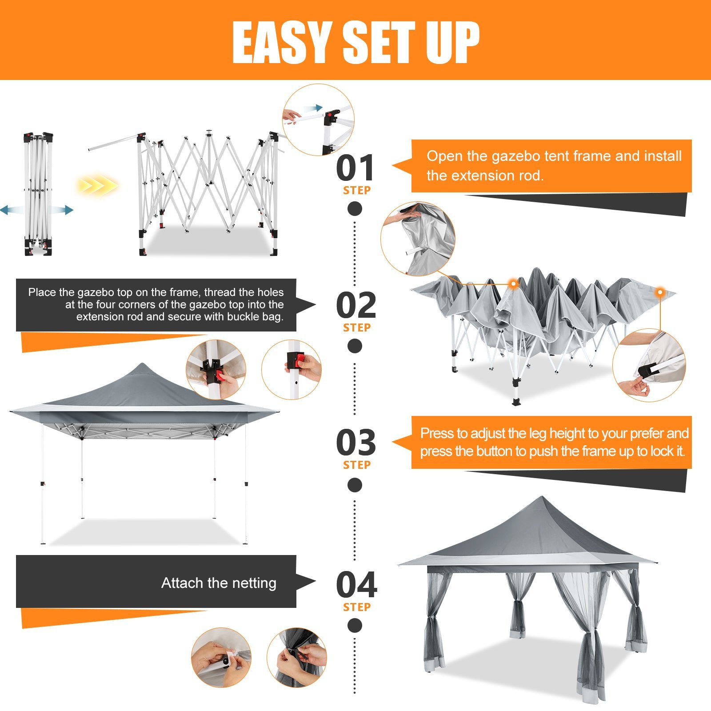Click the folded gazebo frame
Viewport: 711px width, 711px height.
[x=38, y=194]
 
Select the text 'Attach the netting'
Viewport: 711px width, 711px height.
[x=219, y=583]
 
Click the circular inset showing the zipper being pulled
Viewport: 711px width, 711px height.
[x=296, y=657]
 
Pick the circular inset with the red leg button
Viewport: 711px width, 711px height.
[x=292, y=369]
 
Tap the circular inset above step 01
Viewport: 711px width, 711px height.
[x=318, y=120]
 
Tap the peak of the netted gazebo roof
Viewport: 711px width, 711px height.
[x=541, y=497]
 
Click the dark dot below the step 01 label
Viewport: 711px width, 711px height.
[x=355, y=208]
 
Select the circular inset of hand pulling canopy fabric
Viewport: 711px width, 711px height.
[x=418, y=239]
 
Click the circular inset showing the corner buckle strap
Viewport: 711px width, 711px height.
[x=649, y=365]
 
